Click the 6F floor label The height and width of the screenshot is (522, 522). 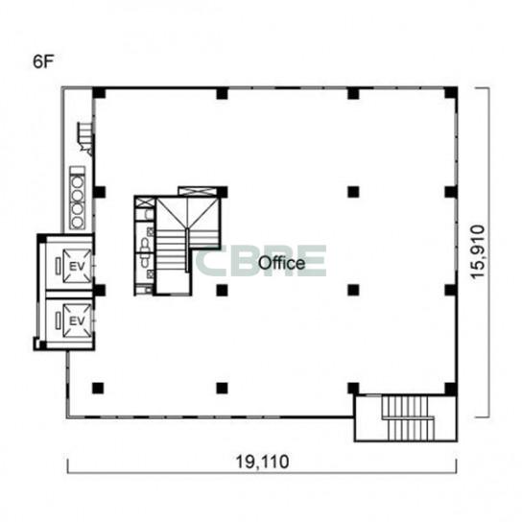click(x=43, y=61)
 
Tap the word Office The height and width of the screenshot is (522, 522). click(x=282, y=263)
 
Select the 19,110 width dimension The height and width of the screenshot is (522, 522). click(x=262, y=462)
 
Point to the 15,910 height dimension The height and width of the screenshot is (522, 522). click(x=478, y=252)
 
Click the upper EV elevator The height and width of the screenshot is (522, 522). click(x=77, y=266)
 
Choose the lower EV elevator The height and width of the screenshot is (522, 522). click(x=77, y=320)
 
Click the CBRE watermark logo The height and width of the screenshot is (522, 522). click(x=261, y=261)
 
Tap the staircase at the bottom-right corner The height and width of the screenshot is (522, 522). click(x=408, y=417)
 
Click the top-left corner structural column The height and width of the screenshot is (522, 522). click(x=99, y=93)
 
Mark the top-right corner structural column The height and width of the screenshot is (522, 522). click(x=451, y=93)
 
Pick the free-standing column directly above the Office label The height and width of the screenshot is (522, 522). click(x=353, y=192)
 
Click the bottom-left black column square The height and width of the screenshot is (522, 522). click(x=98, y=388)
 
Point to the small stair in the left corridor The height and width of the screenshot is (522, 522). click(x=84, y=137)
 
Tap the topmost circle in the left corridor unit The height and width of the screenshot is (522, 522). click(x=77, y=182)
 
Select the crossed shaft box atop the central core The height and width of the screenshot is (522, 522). click(x=196, y=191)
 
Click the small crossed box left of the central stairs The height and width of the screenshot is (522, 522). click(x=145, y=202)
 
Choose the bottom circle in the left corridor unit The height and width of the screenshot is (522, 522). click(x=77, y=222)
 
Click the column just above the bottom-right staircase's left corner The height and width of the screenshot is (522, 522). click(x=353, y=389)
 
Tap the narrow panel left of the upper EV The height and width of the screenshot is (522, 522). click(x=59, y=266)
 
